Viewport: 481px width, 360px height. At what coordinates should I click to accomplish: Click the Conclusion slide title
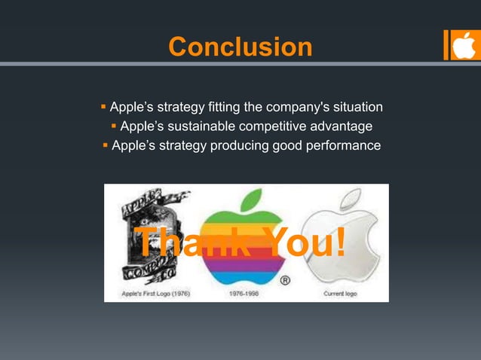click(x=240, y=47)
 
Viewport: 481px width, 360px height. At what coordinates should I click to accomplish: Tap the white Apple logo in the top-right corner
click(x=464, y=45)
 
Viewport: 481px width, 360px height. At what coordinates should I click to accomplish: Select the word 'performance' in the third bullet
click(x=342, y=145)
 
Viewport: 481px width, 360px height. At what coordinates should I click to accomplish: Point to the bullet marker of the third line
click(x=105, y=145)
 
